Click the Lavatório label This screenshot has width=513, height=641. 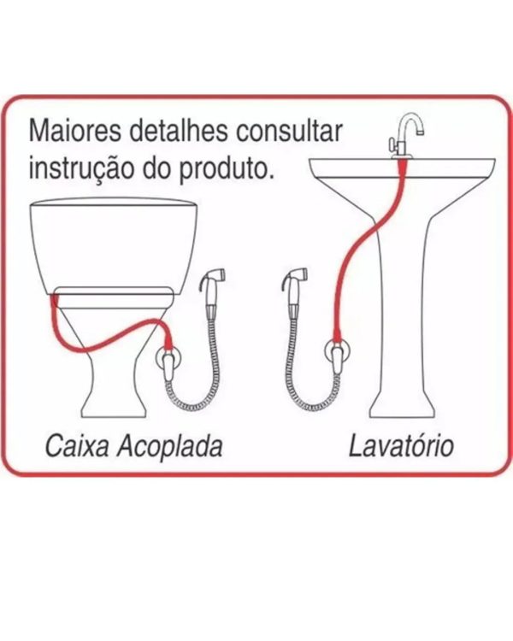(x=400, y=445)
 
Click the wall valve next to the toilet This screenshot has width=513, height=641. (x=168, y=358)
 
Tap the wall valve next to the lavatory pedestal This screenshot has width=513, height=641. (x=337, y=358)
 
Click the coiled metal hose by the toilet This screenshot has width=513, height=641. (x=205, y=376)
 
